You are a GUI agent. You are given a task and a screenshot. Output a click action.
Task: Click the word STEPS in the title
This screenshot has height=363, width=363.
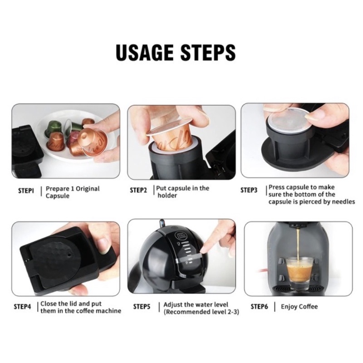pyautogui.click(x=208, y=52)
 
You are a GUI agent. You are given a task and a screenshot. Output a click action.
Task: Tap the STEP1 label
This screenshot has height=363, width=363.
pyautogui.click(x=26, y=191)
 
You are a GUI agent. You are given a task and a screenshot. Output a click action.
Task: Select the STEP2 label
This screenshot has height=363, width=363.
pyautogui.click(x=138, y=190)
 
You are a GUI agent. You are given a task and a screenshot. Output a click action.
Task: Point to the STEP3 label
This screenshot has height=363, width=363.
pyautogui.click(x=249, y=190)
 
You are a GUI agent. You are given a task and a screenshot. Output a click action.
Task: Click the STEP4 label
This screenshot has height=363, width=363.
pyautogui.click(x=22, y=307)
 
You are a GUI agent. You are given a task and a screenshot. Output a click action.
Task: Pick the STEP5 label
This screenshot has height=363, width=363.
pyautogui.click(x=142, y=307)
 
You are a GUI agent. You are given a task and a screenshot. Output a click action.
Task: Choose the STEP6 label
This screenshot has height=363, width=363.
pyautogui.click(x=259, y=307)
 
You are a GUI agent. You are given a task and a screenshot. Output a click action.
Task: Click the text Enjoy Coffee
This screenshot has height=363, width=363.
pyautogui.click(x=299, y=307)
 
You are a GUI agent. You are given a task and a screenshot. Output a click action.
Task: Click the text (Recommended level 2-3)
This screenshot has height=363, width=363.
pyautogui.click(x=201, y=312)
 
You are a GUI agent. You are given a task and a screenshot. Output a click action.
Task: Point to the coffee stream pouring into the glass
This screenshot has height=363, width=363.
pyautogui.click(x=298, y=245)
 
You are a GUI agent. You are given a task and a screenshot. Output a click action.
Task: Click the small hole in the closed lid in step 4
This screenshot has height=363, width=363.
pyautogui.click(x=69, y=254)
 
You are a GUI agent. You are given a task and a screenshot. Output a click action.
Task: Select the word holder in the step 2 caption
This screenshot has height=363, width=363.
pyautogui.click(x=167, y=196)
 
